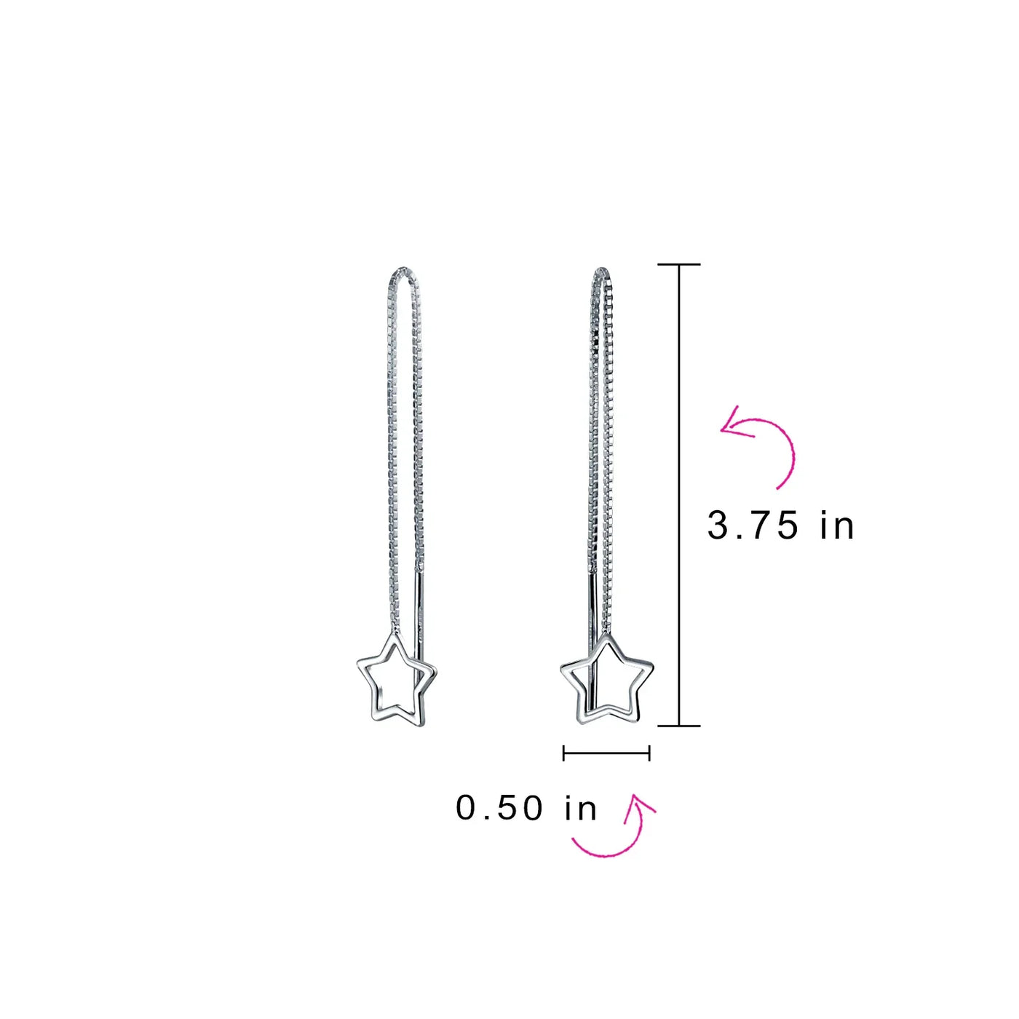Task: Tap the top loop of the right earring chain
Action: (x=603, y=271)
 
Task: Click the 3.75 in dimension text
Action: (x=780, y=526)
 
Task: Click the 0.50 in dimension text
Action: (x=526, y=809)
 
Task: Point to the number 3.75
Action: (x=752, y=526)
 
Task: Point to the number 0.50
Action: (x=500, y=809)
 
